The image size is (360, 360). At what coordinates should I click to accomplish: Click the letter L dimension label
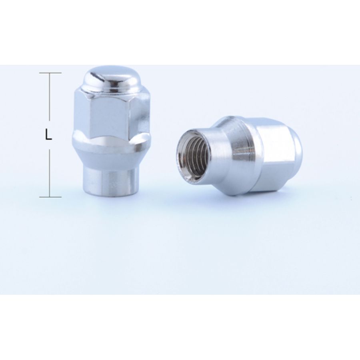pos(48,136)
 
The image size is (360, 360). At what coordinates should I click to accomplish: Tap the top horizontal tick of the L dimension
pos(50,73)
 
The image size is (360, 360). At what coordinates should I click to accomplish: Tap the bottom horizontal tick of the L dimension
pos(50,197)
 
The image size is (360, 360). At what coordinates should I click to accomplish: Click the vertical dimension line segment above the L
pos(49,97)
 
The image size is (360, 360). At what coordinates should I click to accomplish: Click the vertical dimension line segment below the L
pos(49,173)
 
